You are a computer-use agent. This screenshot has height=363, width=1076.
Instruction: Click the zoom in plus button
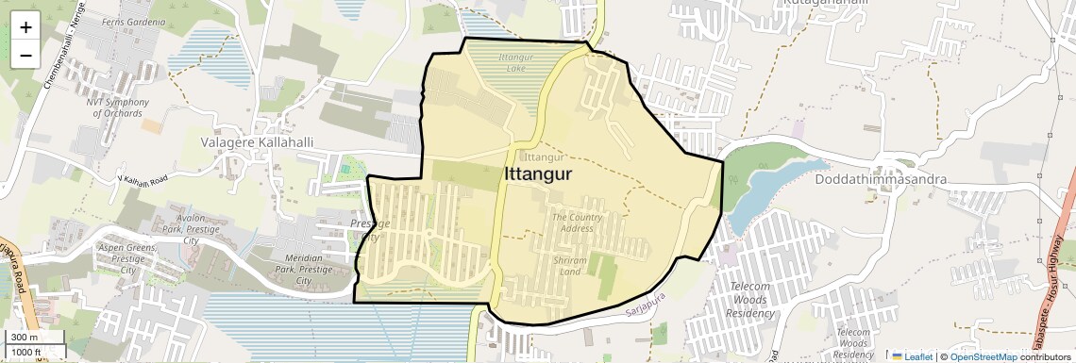[x=25, y=27]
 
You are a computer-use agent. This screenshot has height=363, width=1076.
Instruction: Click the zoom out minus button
[x=25, y=55]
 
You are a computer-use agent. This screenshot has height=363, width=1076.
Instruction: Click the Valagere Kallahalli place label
[x=257, y=141]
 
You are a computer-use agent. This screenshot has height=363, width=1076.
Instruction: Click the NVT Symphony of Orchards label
[x=117, y=107]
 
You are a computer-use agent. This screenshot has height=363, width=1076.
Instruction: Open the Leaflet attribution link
[x=912, y=356]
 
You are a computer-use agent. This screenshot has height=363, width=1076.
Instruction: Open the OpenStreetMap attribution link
[x=983, y=356]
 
